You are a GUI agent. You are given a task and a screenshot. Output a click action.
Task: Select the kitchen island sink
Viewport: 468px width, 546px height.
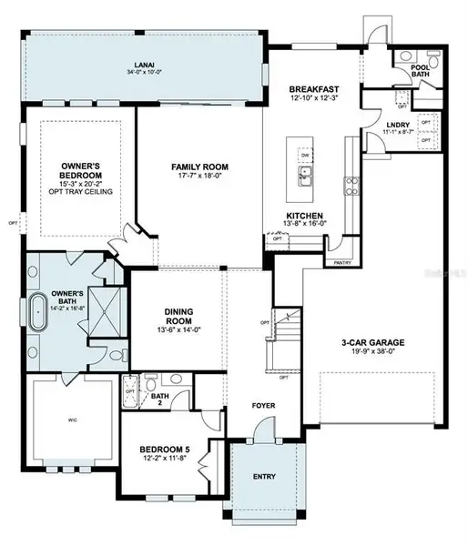307,173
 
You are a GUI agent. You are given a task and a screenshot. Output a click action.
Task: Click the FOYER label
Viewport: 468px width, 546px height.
264,406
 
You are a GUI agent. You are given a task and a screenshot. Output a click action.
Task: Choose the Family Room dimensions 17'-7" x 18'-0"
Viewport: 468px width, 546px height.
200,178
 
